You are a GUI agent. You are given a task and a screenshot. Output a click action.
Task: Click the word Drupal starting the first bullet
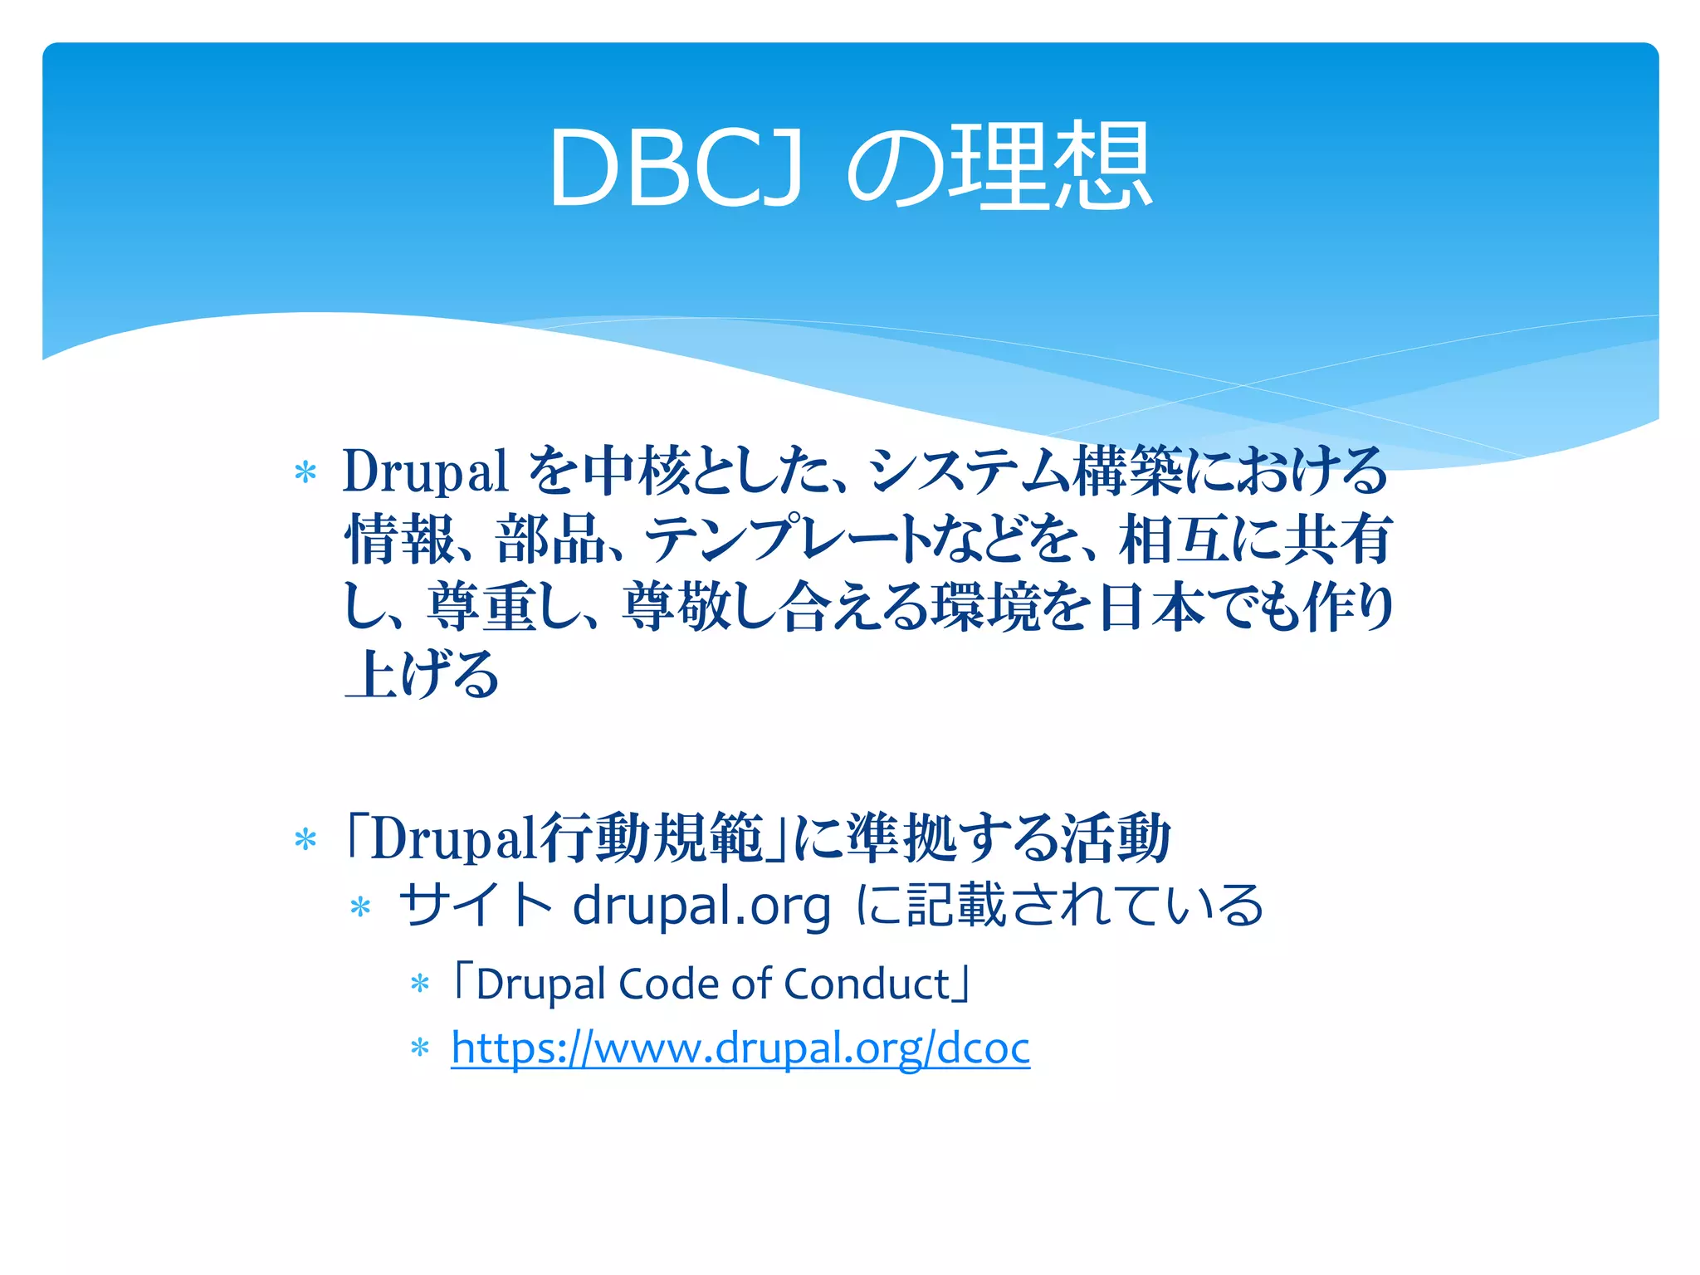(425, 471)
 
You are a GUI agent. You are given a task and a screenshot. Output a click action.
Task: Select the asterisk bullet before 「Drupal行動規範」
(305, 839)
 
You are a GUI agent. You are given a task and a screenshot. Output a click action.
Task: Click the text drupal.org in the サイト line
(701, 906)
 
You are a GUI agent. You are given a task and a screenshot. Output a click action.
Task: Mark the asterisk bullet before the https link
(420, 1048)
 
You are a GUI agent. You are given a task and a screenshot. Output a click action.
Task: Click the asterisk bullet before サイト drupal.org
(360, 906)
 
